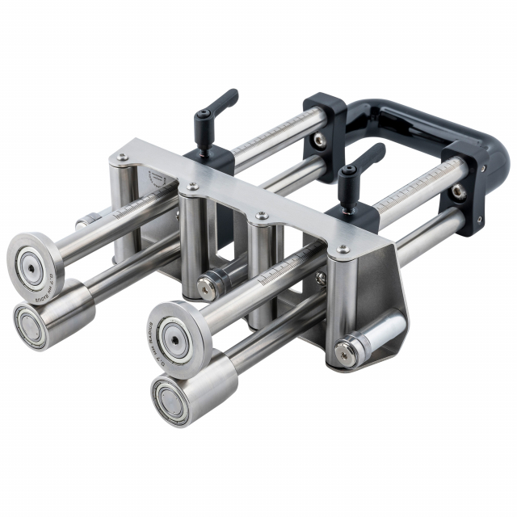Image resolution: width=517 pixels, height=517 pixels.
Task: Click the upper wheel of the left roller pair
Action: pos(36,261)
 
